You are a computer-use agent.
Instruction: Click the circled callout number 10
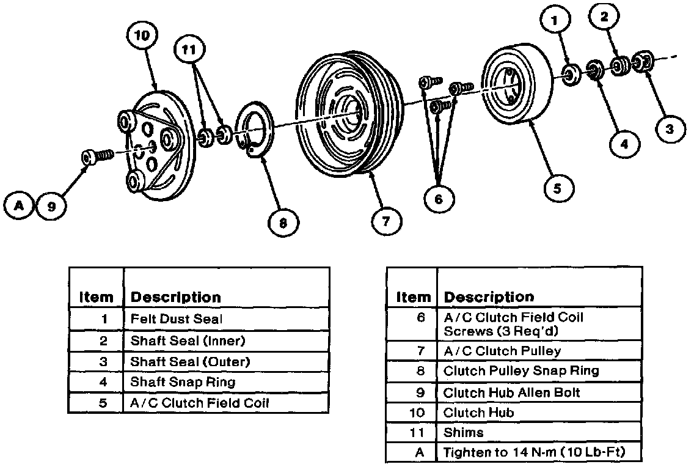click(x=142, y=35)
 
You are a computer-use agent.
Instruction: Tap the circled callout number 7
click(x=385, y=222)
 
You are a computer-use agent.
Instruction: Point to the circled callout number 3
click(x=670, y=129)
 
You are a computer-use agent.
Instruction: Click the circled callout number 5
click(x=557, y=188)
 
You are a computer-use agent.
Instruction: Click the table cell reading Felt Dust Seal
click(x=177, y=318)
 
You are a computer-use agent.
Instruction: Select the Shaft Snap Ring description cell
click(x=183, y=382)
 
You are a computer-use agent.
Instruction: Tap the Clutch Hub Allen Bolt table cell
click(x=512, y=392)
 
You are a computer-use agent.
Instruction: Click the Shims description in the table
click(x=464, y=432)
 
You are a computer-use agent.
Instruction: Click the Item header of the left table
click(x=96, y=298)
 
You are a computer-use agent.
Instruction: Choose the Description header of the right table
click(x=489, y=297)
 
